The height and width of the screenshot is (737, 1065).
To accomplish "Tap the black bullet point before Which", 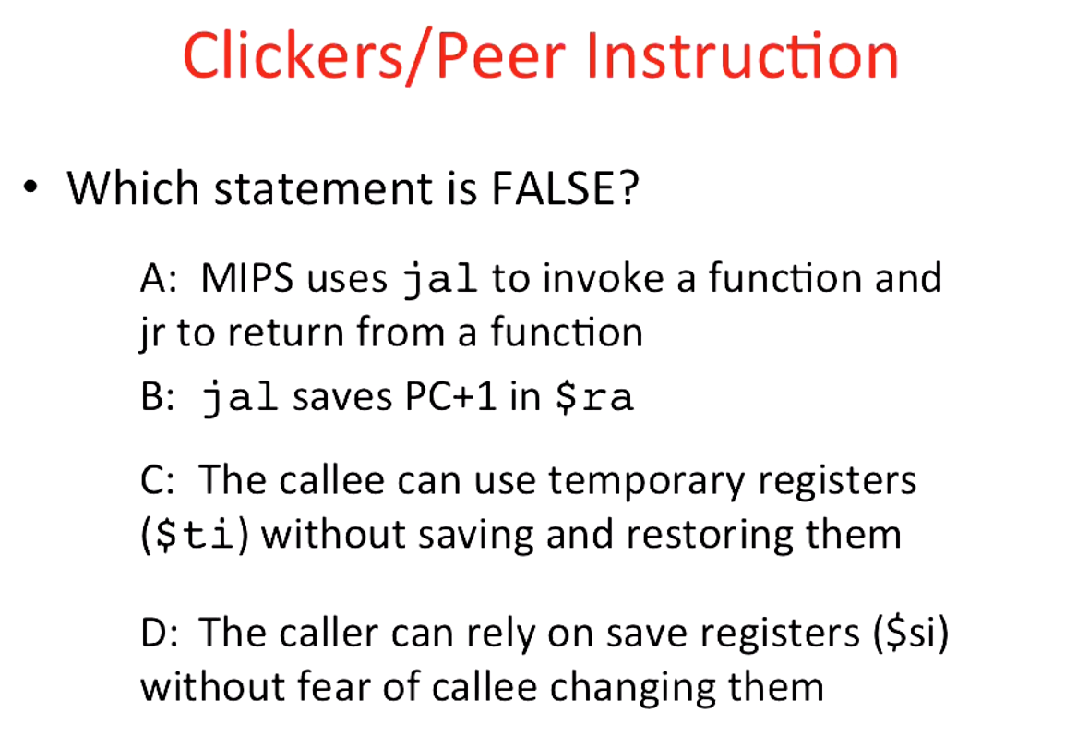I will [x=33, y=188].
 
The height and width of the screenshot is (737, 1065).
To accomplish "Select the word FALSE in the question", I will [x=564, y=188].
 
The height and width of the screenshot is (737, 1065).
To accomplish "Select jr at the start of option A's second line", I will [x=152, y=333].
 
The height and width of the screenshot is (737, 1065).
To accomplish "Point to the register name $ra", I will [x=592, y=397].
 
